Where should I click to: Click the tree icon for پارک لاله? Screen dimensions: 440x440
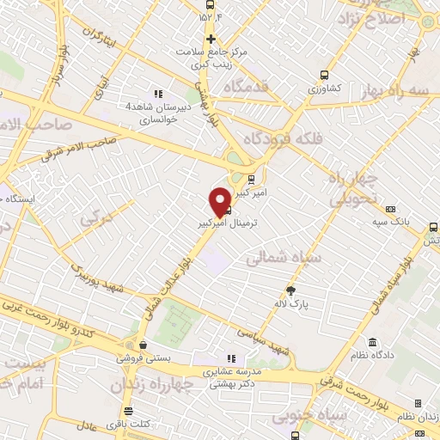290,290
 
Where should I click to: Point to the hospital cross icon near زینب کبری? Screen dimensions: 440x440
211,39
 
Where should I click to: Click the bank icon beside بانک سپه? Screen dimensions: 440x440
391,208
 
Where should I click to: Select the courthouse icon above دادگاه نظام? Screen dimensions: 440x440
372,342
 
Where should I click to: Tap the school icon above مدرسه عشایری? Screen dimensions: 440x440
230,358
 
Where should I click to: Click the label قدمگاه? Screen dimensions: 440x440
247,87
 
